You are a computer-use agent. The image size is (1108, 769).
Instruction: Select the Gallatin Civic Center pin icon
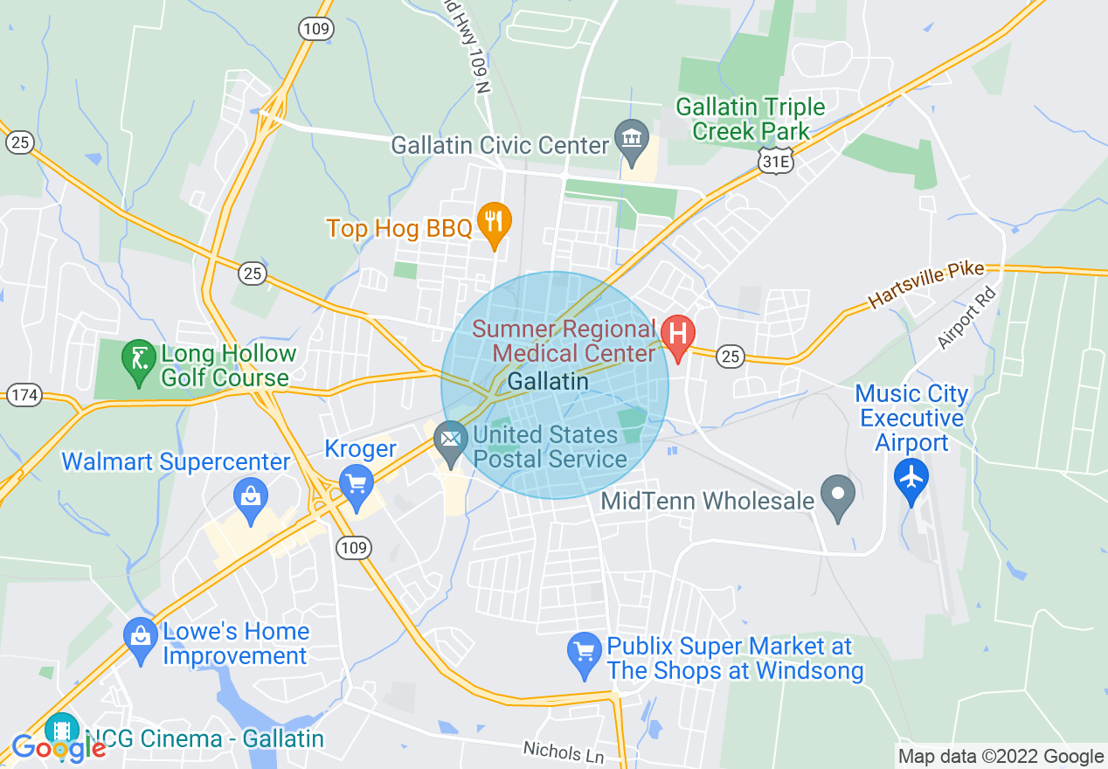[631, 140]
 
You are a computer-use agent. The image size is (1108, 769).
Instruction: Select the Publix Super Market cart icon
[584, 655]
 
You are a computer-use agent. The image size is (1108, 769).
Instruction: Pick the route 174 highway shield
[25, 395]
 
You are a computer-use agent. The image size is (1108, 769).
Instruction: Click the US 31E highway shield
[775, 162]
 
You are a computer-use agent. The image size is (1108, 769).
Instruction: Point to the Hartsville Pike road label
[926, 285]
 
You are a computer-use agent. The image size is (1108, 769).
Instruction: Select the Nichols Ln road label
[564, 752]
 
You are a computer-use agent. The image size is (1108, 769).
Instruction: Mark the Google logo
[59, 748]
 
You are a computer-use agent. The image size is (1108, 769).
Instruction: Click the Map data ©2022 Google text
[1001, 757]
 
